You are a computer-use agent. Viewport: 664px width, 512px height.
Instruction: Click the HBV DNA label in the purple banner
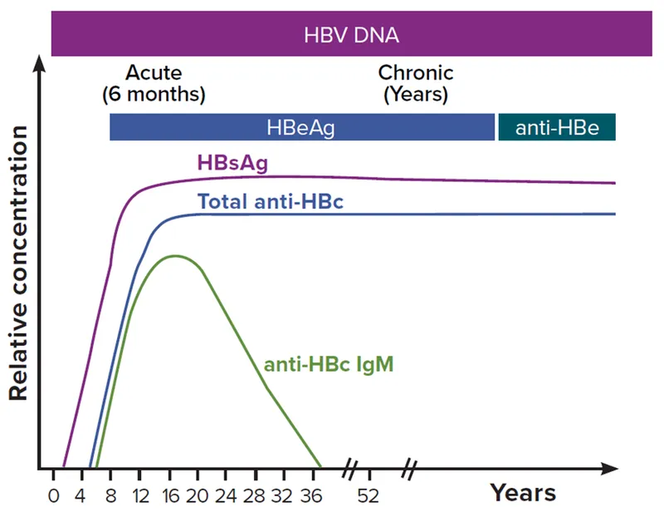pyautogui.click(x=351, y=35)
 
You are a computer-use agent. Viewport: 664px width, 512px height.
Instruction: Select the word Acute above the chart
pyautogui.click(x=154, y=73)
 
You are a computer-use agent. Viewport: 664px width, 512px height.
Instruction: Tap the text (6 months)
pyautogui.click(x=154, y=94)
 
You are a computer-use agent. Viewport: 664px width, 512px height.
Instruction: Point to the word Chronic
pyautogui.click(x=416, y=73)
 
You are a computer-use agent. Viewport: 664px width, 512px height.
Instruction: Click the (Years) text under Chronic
pyautogui.click(x=416, y=94)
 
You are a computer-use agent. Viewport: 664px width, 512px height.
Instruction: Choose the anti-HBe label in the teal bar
pyautogui.click(x=556, y=128)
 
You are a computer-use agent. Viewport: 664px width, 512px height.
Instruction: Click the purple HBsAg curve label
pyautogui.click(x=232, y=163)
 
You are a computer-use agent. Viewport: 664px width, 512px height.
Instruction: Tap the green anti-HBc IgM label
pyautogui.click(x=328, y=364)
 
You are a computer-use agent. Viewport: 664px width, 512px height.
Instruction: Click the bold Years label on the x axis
pyautogui.click(x=523, y=492)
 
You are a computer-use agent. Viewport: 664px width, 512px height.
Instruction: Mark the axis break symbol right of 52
pyautogui.click(x=408, y=468)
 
